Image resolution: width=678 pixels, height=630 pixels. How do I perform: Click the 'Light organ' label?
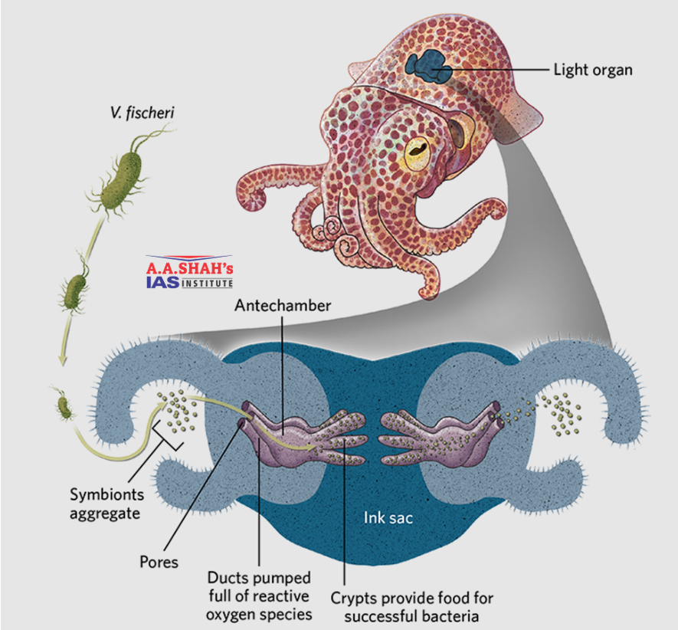tap(593, 70)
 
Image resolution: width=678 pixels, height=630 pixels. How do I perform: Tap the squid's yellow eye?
tap(418, 151)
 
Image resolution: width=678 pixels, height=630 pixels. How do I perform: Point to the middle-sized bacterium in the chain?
tap(75, 289)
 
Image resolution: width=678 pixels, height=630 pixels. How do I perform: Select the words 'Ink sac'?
tap(388, 517)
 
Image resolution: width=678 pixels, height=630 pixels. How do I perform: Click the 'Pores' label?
tap(159, 562)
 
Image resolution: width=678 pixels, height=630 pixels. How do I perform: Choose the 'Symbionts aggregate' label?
tap(106, 503)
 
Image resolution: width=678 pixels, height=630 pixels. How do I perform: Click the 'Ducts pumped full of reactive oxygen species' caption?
tap(259, 596)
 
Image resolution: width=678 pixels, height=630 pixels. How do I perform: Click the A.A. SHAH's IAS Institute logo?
tap(190, 274)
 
